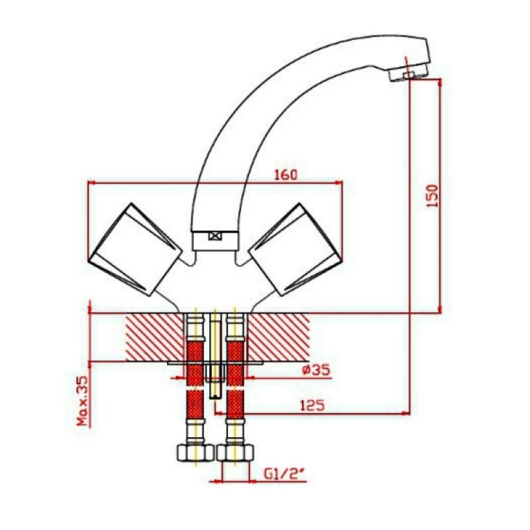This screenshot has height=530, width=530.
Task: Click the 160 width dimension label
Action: point(286,175)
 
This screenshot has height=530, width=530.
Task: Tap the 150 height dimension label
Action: point(432,196)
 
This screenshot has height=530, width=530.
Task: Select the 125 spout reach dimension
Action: point(312,405)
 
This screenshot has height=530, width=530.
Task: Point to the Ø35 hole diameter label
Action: point(315,370)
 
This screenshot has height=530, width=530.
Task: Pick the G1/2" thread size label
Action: point(285,475)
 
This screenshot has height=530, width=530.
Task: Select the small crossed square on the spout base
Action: point(214,236)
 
